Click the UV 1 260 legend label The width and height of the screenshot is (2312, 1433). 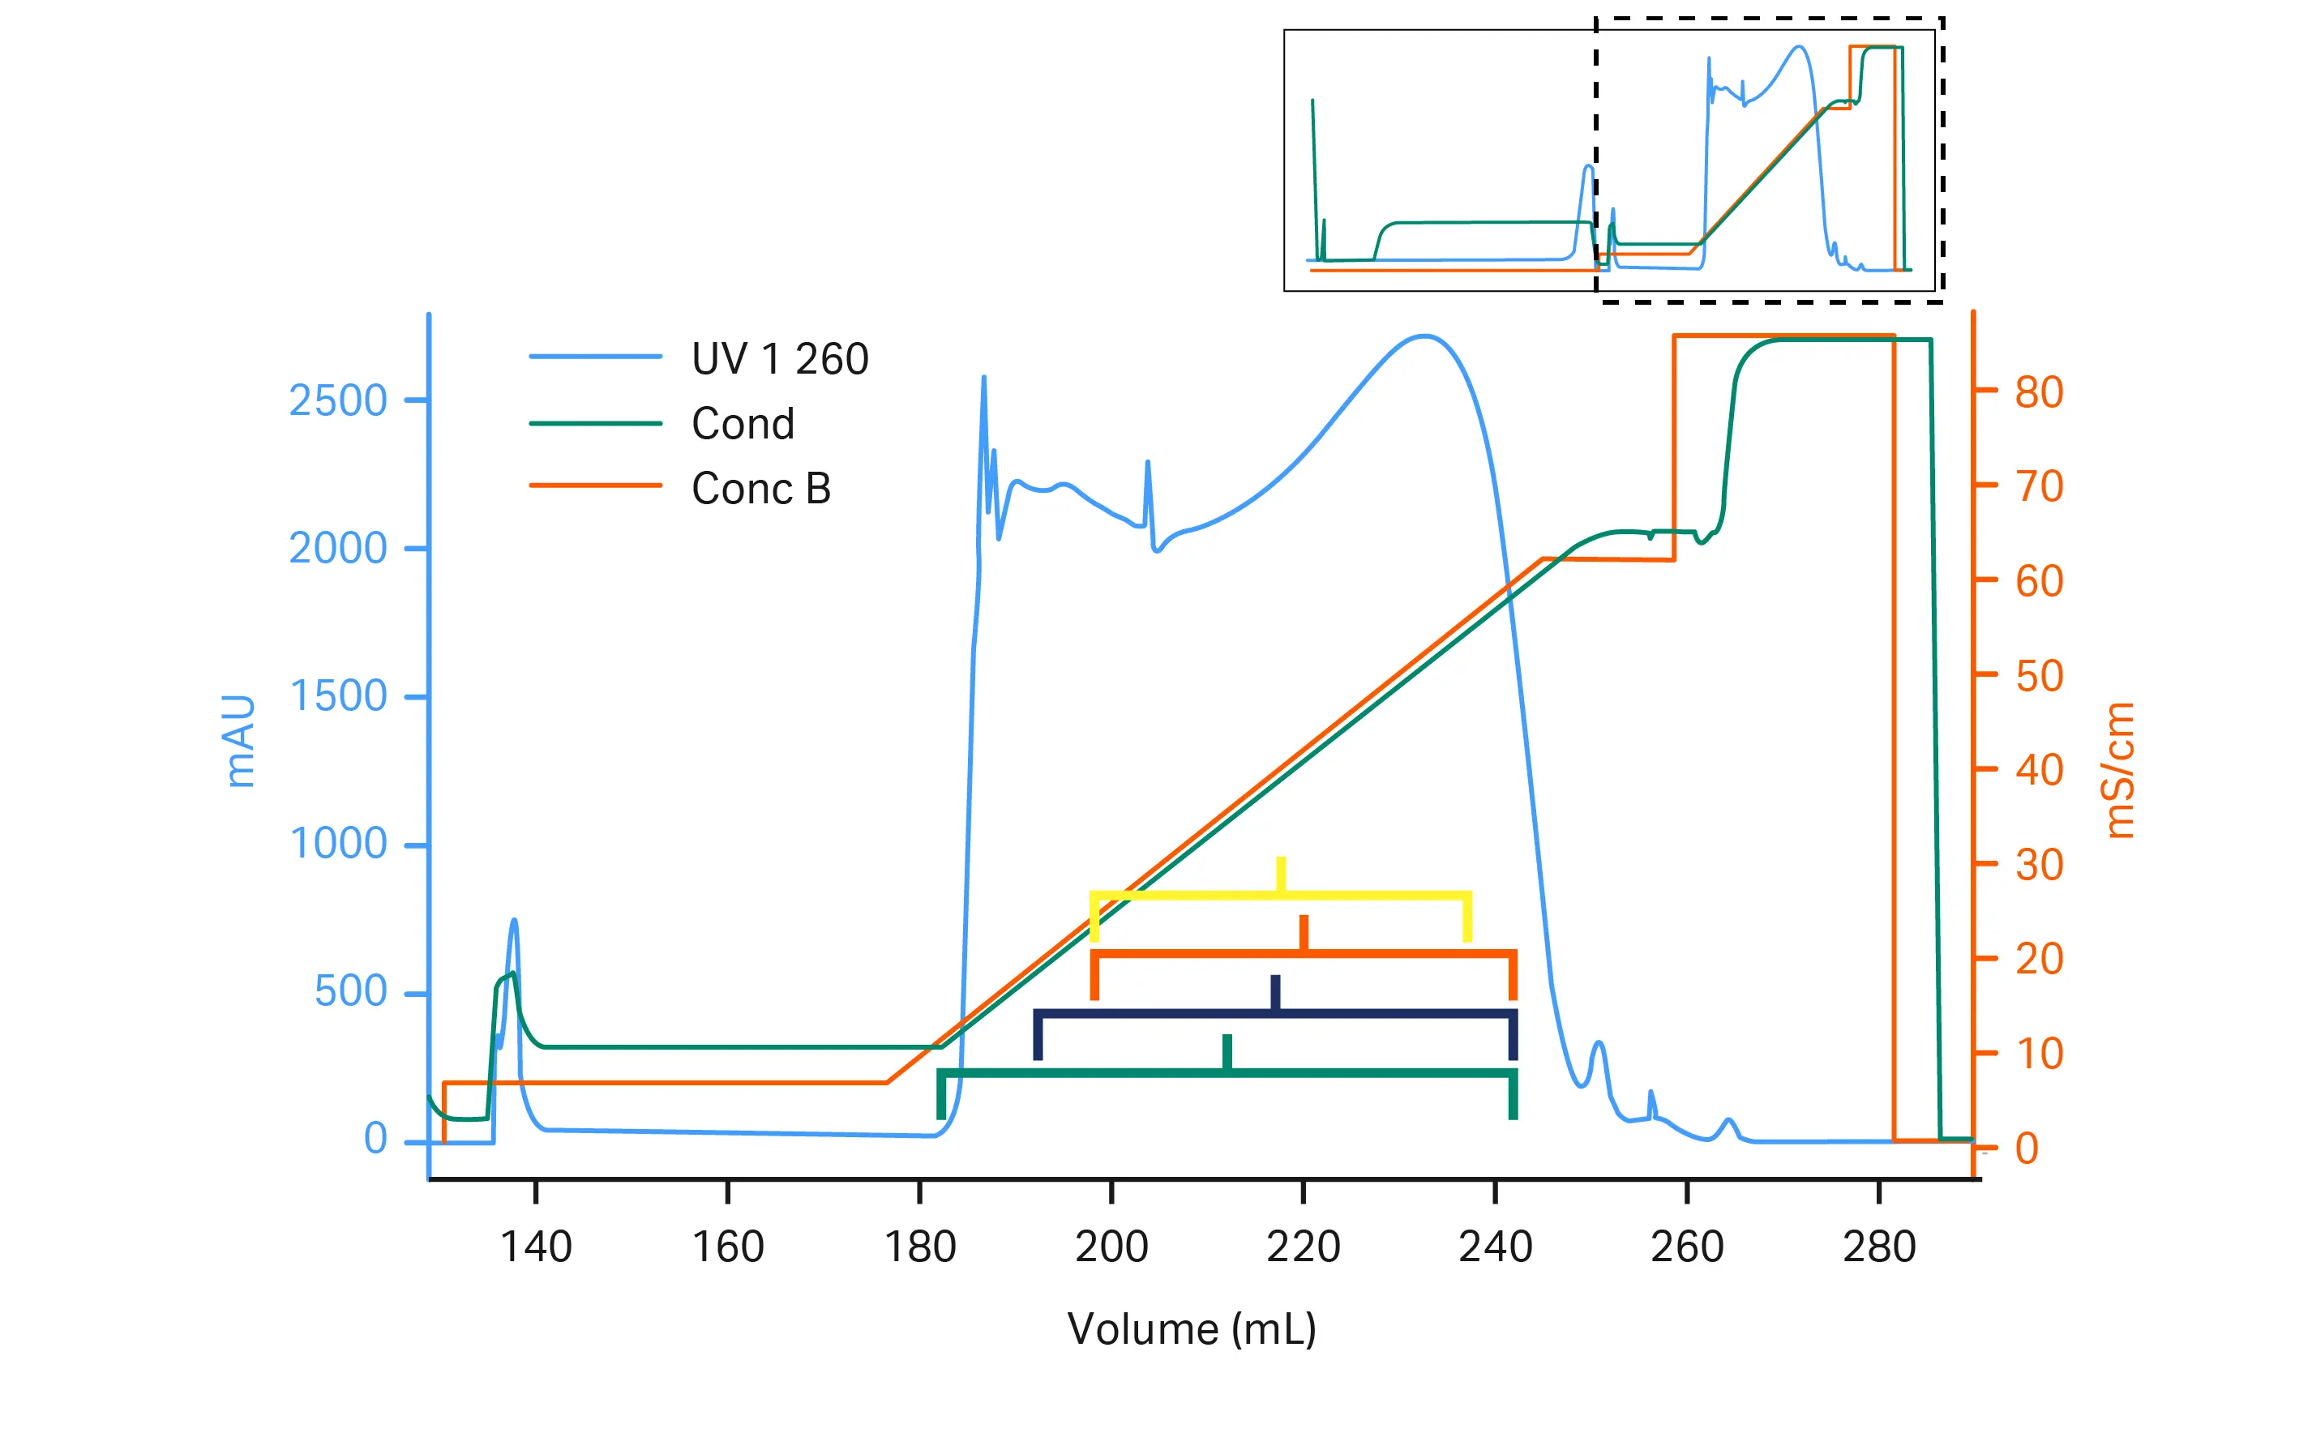tap(778, 359)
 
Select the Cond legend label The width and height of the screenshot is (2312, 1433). tap(743, 424)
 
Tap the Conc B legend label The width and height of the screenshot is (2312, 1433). tap(760, 489)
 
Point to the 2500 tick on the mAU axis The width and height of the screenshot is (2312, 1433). tap(337, 401)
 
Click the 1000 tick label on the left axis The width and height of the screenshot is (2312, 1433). tap(337, 844)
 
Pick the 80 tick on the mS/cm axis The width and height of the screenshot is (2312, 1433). tap(2038, 392)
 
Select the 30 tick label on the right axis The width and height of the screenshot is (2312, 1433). tap(2038, 864)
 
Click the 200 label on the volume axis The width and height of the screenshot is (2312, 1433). tap(1111, 1247)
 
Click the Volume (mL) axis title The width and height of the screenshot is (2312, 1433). tap(1191, 1328)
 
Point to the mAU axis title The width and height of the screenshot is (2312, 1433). tap(240, 741)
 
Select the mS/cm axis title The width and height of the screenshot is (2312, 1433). tap(2120, 769)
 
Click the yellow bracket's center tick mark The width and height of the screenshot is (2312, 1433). tap(1281, 874)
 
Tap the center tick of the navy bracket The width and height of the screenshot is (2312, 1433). tap(1275, 992)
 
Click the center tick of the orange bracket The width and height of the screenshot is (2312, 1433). tap(1304, 933)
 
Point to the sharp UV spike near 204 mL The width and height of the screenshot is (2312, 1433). tap(1147, 464)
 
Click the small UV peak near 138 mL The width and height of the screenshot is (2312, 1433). tap(514, 922)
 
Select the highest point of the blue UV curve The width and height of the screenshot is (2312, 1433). tap(1424, 336)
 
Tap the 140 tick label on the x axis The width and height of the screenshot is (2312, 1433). tap(536, 1247)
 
